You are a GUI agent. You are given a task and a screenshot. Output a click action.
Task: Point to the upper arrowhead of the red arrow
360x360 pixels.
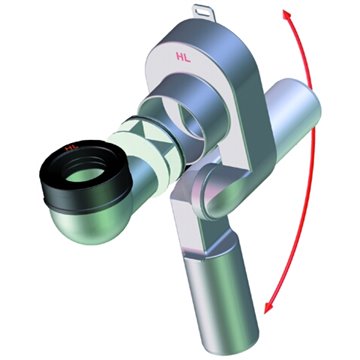pos(286,15)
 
